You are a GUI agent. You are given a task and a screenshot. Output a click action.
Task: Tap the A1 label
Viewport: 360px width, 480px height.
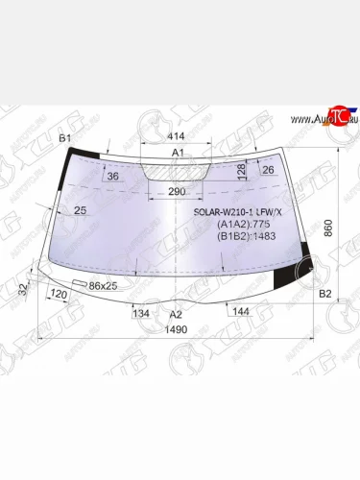pos(178,154)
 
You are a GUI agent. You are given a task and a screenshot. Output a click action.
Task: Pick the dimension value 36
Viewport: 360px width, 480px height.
pos(113,177)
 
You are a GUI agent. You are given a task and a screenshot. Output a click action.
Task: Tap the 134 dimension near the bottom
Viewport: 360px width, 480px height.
pos(140,314)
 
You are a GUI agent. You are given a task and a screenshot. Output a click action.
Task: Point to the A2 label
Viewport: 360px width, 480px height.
pos(175,314)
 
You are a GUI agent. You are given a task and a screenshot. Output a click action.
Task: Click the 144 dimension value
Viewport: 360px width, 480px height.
pos(241,311)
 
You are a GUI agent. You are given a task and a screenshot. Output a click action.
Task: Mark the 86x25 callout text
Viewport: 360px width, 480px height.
pos(103,286)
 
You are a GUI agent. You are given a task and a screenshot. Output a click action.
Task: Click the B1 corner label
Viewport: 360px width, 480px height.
pos(65,140)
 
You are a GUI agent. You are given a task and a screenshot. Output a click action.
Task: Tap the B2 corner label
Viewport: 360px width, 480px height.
pos(324,294)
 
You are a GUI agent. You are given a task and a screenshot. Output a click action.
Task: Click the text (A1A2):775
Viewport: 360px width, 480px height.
pos(239,227)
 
